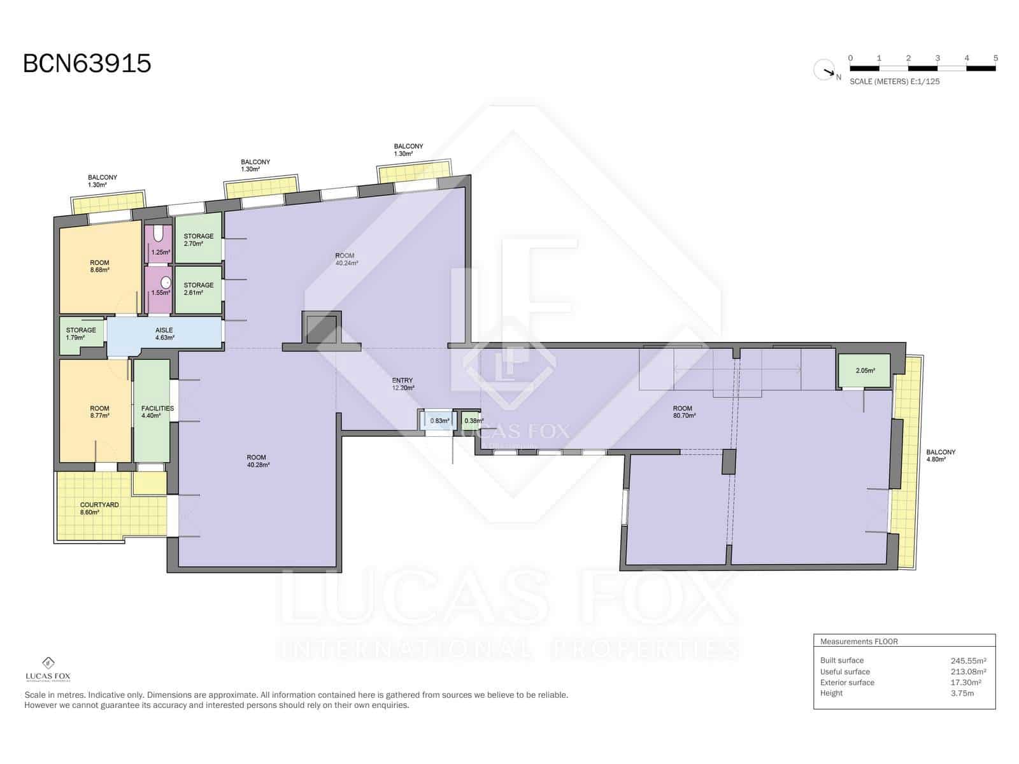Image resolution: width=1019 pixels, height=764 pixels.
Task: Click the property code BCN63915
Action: pos(87,64)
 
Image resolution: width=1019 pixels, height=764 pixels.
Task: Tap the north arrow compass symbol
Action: pos(825,70)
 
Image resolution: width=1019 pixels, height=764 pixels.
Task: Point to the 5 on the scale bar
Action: pos(995,58)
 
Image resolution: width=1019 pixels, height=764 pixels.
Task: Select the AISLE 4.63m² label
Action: pos(164,334)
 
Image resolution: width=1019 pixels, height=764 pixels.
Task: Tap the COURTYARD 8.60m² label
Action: pos(99,508)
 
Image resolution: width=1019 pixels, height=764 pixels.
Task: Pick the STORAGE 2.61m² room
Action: pos(198,288)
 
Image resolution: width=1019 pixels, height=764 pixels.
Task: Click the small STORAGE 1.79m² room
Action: pos(81,333)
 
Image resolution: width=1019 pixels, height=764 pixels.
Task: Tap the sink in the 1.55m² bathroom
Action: pos(166,282)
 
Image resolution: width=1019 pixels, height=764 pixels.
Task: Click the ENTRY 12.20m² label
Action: pos(403,383)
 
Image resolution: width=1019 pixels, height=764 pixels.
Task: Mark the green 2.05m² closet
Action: pos(864,371)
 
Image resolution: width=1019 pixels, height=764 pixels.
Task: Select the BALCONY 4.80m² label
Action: pos(941,455)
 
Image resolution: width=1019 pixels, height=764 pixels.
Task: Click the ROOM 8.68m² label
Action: pos(99,265)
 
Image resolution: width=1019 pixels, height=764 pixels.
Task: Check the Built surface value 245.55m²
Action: pos(968,660)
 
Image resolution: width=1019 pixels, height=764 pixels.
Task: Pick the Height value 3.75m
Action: pos(962,693)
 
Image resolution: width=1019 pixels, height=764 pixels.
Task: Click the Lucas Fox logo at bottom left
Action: pos(48,669)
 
